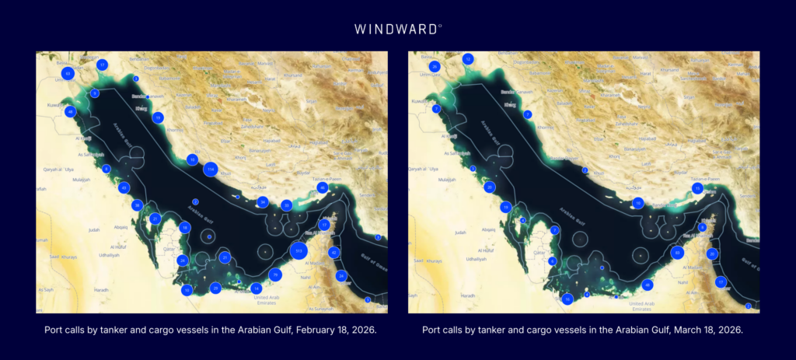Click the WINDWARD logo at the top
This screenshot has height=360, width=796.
click(x=398, y=29)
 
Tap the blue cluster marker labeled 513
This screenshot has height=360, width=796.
click(x=299, y=250)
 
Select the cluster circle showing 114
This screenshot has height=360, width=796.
click(x=210, y=169)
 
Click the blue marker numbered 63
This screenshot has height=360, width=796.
click(x=68, y=73)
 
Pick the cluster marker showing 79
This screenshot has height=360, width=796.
click(x=274, y=274)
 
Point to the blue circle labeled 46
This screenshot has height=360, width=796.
click(x=323, y=187)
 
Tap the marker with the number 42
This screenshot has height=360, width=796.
click(x=334, y=253)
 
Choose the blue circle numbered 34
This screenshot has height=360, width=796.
click(x=264, y=202)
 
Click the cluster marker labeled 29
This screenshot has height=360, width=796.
click(x=216, y=288)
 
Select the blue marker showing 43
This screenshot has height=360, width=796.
click(x=124, y=187)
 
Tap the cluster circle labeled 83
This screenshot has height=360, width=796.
click(x=678, y=253)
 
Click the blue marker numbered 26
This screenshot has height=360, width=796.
click(x=435, y=67)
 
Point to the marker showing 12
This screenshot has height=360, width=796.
click(x=468, y=59)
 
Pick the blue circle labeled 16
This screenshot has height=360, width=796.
click(x=568, y=299)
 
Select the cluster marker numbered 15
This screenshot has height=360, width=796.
click(x=698, y=188)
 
